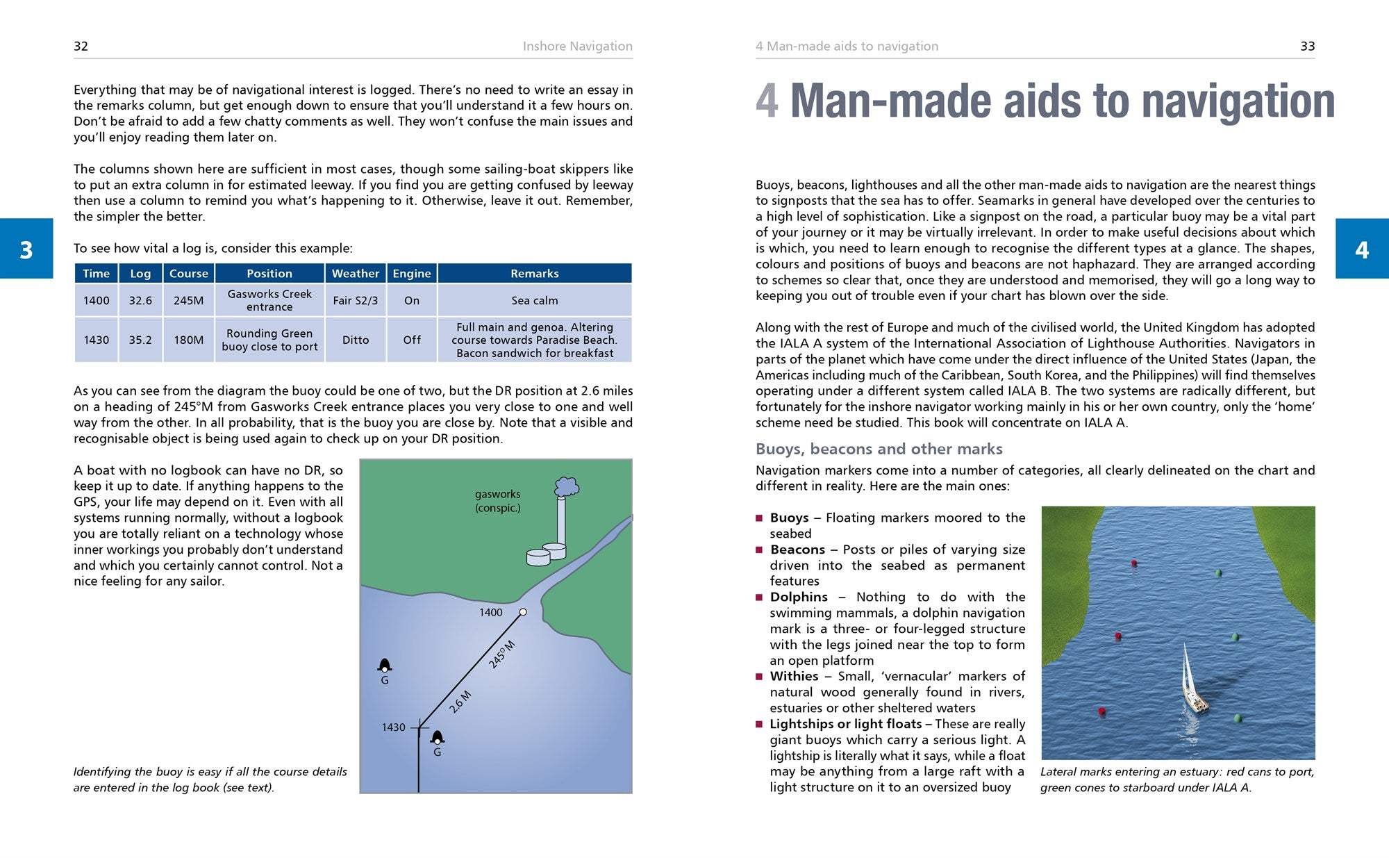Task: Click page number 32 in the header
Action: click(81, 47)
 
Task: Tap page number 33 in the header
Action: click(1307, 47)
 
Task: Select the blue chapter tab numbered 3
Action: click(26, 249)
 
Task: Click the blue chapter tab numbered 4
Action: click(1362, 249)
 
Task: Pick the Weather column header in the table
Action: click(356, 274)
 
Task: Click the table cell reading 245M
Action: click(188, 301)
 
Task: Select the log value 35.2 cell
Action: click(140, 340)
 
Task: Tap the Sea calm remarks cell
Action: click(534, 301)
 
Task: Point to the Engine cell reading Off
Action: click(412, 340)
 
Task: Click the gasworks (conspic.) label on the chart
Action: click(497, 501)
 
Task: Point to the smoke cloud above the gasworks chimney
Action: click(567, 486)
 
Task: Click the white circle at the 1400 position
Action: click(523, 612)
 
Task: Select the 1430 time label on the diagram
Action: click(393, 727)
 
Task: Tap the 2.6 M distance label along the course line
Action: click(460, 702)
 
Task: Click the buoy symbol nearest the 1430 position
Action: click(438, 738)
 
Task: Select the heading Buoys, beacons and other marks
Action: click(879, 449)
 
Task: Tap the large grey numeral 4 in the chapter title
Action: click(767, 101)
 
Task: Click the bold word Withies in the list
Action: click(794, 676)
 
